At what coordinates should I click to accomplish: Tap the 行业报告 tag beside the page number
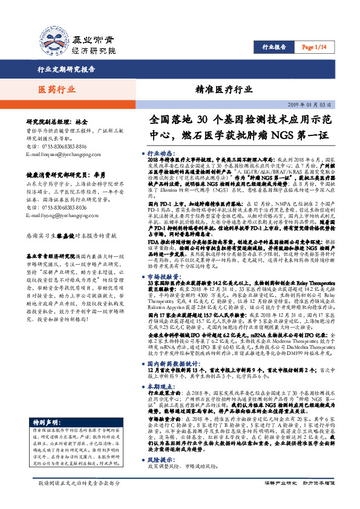point(274,47)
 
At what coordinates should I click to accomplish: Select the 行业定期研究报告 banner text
point(67,70)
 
